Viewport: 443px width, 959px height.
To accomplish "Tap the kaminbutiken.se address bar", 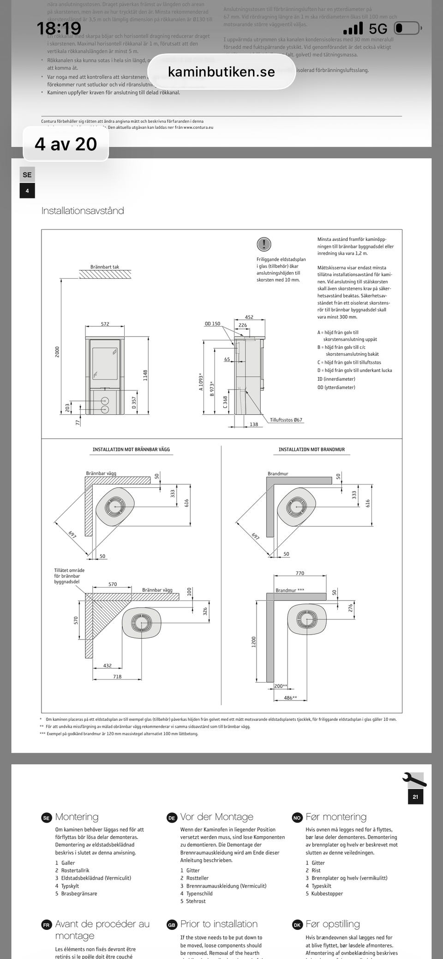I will coord(221,72).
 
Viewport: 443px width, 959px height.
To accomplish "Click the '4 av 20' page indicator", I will coord(66,144).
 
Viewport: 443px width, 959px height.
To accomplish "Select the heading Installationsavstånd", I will coord(83,211).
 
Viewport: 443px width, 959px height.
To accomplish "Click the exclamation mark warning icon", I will coord(263,244).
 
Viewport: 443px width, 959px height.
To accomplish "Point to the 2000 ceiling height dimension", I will coord(57,351).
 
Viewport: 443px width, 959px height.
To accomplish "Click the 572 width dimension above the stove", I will coord(105,324).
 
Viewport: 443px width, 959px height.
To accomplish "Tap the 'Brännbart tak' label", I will coord(105,267).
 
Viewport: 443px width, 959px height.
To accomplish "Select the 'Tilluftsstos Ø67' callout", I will coord(286,420).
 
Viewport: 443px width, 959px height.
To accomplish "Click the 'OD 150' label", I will coord(212,324).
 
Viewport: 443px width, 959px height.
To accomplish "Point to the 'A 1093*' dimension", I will coord(201,382).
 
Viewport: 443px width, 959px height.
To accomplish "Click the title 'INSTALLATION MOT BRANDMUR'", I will coord(311,450).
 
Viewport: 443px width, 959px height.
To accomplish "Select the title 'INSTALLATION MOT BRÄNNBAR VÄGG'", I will coord(131,450).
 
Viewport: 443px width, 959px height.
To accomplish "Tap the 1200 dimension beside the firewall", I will coord(253,641).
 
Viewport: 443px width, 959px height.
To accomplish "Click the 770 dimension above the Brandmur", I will coord(300,573).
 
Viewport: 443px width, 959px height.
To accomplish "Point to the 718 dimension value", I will coord(117,677).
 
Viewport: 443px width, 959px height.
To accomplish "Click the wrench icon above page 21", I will coord(414,779).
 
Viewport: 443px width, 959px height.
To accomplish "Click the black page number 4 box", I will coord(27,191).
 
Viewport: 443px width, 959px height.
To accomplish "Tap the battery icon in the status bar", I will coord(407,29).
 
